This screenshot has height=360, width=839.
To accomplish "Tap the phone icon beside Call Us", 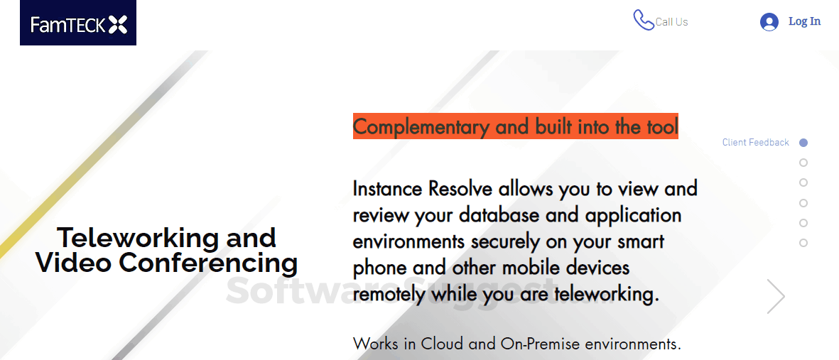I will [643, 20].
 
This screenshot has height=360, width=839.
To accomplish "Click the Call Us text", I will [671, 22].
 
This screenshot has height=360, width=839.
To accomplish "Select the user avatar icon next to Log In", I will [769, 22].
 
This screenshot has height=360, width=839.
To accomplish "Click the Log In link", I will [804, 21].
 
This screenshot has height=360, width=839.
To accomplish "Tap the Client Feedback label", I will [755, 143].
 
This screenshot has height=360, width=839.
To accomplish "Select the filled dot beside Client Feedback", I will [803, 143].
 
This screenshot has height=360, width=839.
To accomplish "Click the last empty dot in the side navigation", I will [803, 243].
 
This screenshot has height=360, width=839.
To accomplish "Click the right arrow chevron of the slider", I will [776, 296].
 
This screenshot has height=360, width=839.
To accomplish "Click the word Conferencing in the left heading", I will [208, 263].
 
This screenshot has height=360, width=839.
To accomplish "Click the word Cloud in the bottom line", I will [442, 344].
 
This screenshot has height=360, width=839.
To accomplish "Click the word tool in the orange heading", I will [660, 127].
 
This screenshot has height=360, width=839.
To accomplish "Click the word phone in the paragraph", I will [380, 268].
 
